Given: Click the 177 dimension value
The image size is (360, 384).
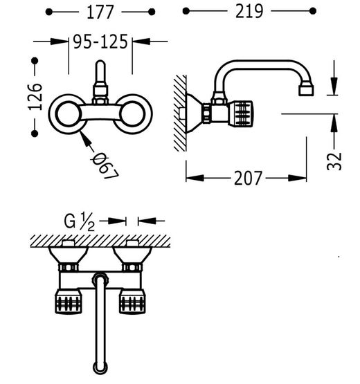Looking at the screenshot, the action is pyautogui.click(x=100, y=12).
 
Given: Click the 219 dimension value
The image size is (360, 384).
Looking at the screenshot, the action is pyautogui.click(x=249, y=11).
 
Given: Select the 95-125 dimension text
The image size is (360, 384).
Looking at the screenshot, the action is pyautogui.click(x=100, y=42).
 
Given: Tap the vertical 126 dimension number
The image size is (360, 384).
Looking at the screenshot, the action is pyautogui.click(x=35, y=97).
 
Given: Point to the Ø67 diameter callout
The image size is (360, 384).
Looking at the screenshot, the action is pyautogui.click(x=105, y=165).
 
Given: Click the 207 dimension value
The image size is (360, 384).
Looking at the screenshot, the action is pyautogui.click(x=248, y=178).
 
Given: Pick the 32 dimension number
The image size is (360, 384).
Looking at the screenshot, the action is pyautogui.click(x=334, y=161).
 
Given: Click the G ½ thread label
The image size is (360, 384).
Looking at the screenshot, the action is pyautogui.click(x=79, y=221).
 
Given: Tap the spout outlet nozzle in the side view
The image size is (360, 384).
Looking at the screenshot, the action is pyautogui.click(x=306, y=89).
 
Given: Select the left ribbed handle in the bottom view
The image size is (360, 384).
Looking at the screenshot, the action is pyautogui.click(x=69, y=302).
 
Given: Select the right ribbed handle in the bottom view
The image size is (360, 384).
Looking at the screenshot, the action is pyautogui.click(x=132, y=302).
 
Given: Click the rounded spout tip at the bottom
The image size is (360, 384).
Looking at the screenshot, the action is pyautogui.click(x=100, y=367).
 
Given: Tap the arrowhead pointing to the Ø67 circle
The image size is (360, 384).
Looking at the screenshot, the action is pyautogui.click(x=85, y=138).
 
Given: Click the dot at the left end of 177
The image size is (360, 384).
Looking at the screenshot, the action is pyautogui.click(x=48, y=12).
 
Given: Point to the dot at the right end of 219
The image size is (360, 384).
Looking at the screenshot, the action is pyautogui.click(x=313, y=11).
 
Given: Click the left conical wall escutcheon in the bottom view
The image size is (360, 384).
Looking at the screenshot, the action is pyautogui.click(x=68, y=255).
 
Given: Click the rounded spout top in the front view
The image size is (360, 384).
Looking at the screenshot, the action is pyautogui.click(x=100, y=64).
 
